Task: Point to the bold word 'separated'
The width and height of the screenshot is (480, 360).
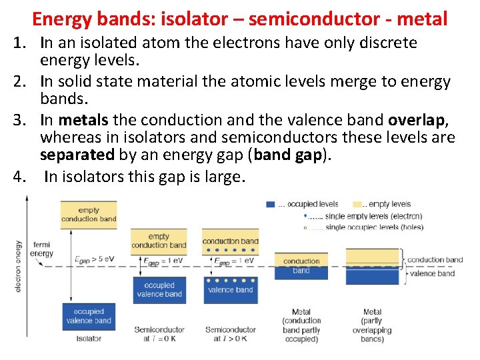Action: point(77,155)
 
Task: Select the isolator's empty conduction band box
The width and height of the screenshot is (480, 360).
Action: point(89,214)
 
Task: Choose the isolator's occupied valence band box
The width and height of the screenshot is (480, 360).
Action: point(89,316)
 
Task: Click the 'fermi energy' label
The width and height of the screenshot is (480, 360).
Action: point(42,249)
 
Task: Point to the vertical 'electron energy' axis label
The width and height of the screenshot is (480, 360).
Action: point(18,265)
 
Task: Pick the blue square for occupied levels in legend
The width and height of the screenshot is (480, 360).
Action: point(270,205)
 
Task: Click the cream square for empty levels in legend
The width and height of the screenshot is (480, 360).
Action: point(357,205)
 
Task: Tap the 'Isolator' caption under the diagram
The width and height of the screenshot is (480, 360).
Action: point(89,339)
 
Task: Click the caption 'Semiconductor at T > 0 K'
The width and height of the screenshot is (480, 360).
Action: point(230,334)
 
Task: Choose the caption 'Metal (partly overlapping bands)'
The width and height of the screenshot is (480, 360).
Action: point(372,325)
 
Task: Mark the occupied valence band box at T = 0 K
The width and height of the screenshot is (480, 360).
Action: point(159,289)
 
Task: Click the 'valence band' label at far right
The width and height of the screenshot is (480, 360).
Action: point(432,273)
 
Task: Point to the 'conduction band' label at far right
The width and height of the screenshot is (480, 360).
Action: point(435,259)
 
